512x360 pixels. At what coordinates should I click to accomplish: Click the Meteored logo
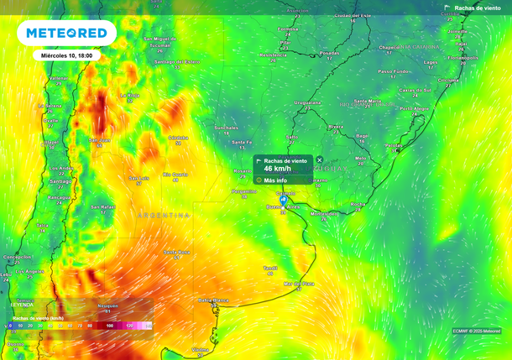(67, 34)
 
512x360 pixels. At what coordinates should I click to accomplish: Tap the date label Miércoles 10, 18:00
(68, 55)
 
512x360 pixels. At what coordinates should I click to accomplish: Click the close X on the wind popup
(319, 159)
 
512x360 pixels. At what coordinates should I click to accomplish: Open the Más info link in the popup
(275, 180)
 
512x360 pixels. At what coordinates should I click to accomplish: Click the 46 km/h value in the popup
(278, 169)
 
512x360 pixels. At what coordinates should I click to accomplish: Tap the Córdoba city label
(177, 137)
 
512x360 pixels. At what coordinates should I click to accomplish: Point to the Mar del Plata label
(298, 284)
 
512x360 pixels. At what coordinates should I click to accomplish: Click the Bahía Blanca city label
(212, 300)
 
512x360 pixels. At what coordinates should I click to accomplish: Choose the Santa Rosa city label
(176, 252)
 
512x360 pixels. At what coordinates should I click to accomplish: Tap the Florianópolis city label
(462, 58)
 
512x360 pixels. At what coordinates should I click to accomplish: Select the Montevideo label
(324, 213)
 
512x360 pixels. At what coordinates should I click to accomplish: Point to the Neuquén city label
(107, 306)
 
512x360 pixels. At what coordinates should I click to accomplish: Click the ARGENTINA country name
(164, 216)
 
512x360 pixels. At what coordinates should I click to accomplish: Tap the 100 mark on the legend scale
(110, 326)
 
